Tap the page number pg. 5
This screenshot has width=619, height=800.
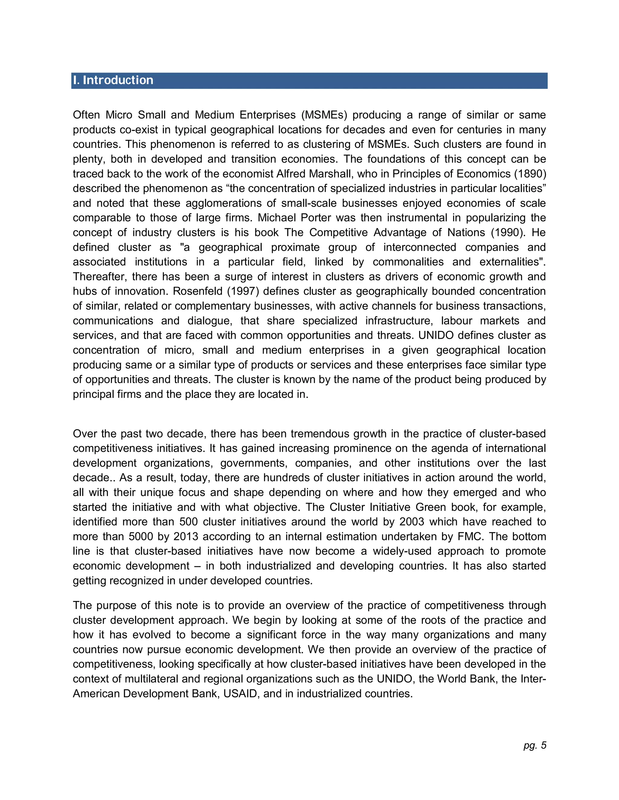[x=535, y=745]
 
